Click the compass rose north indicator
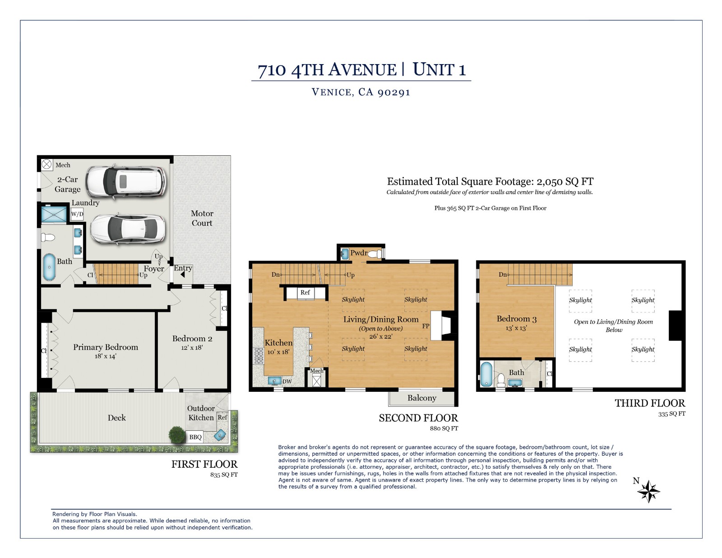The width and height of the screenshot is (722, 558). click(648, 491)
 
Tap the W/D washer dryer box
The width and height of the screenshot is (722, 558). click(77, 214)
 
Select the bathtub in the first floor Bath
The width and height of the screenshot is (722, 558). click(50, 267)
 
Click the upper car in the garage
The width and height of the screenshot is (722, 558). click(126, 182)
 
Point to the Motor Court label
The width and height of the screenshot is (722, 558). click(202, 218)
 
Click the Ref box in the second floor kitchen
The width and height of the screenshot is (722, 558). click(305, 293)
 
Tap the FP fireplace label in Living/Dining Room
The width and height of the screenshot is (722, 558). click(426, 326)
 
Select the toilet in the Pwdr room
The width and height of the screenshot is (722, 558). click(375, 254)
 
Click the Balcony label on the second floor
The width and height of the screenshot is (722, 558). click(421, 398)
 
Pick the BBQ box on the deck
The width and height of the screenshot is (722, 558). click(195, 437)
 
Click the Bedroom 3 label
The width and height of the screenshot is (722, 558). click(516, 319)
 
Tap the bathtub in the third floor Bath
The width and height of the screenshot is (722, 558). click(486, 374)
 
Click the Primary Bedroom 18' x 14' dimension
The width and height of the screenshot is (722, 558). click(105, 356)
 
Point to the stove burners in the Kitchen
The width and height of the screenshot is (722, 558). click(259, 356)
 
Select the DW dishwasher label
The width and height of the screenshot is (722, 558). click(287, 381)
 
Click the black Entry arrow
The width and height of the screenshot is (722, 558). click(182, 274)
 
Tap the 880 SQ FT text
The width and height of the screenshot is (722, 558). click(444, 428)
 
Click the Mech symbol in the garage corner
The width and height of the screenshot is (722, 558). click(46, 165)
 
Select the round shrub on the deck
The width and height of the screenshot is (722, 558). click(177, 434)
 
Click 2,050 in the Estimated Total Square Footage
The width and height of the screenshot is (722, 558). click(549, 181)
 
